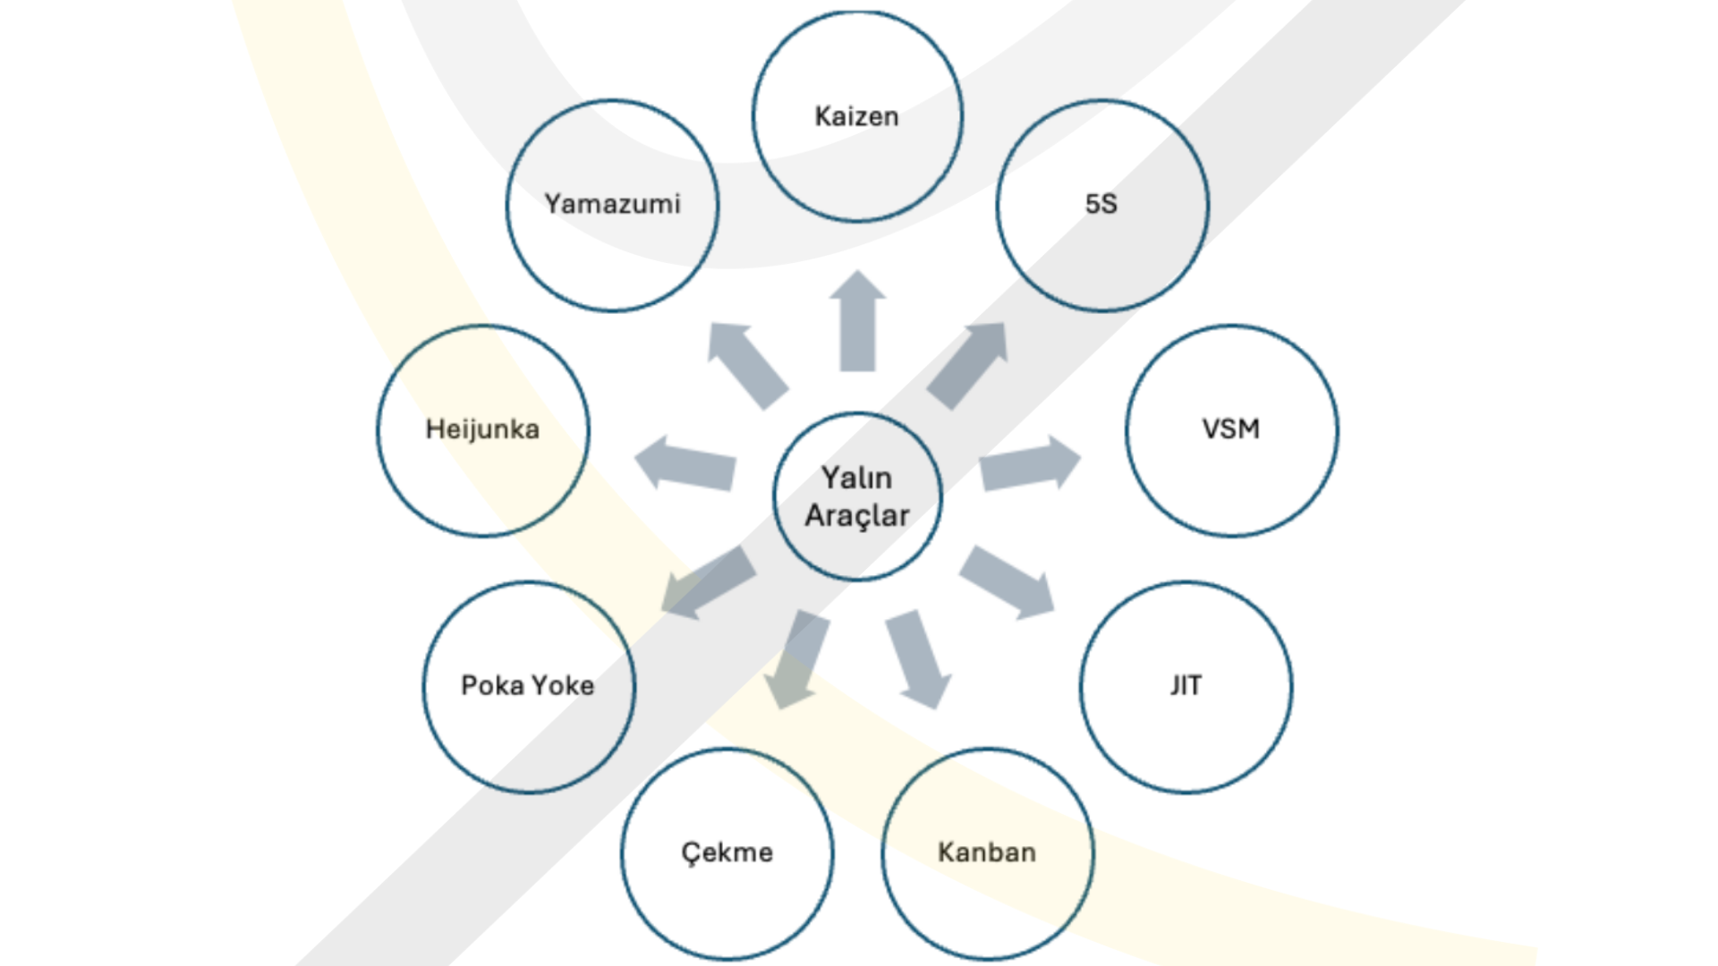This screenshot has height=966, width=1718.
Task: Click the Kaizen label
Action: [x=856, y=116]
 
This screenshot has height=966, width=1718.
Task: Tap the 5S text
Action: [x=1101, y=204]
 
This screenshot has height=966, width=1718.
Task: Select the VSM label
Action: [x=1231, y=429]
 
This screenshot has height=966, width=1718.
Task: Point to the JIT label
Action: [x=1186, y=685]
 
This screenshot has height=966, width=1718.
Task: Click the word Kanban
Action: [x=987, y=852]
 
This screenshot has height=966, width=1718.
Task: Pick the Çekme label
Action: [x=727, y=852]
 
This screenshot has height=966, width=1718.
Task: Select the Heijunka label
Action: [x=482, y=429]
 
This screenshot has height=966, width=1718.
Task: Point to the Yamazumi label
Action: [x=613, y=204]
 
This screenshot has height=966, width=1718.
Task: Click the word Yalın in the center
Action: [x=856, y=478]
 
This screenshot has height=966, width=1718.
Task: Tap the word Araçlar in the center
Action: [x=856, y=516]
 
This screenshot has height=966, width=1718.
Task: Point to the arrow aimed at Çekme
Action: [x=798, y=657]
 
